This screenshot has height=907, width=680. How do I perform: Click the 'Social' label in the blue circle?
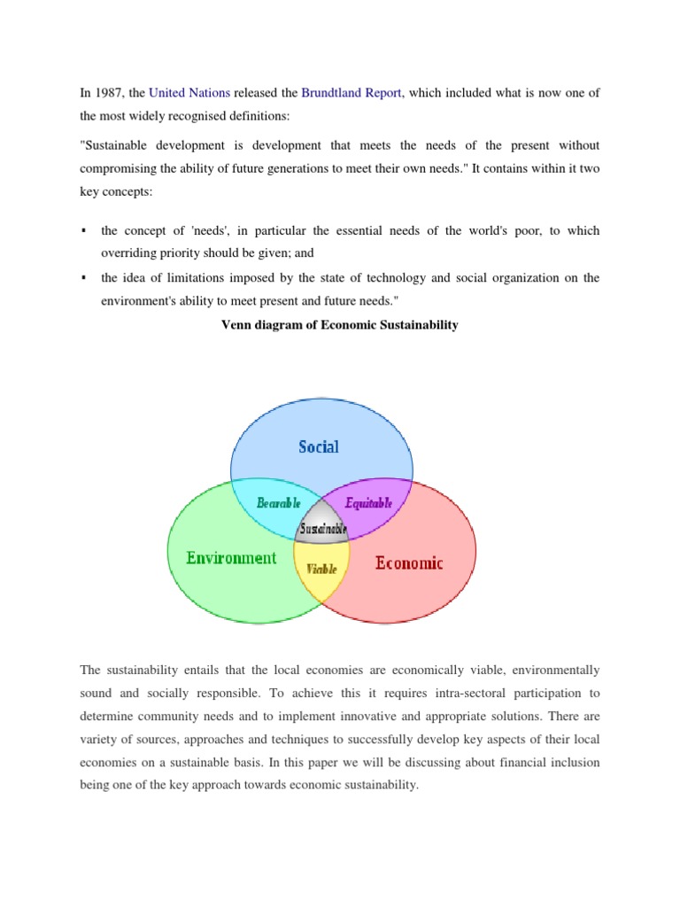click(x=318, y=446)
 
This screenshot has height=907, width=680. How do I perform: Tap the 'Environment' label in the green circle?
click(x=231, y=558)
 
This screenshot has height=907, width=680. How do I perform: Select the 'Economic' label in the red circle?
click(x=409, y=562)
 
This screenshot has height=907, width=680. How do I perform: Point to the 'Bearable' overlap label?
click(x=279, y=502)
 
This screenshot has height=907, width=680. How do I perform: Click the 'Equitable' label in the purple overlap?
click(x=368, y=502)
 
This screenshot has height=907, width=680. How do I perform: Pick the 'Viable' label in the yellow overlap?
click(x=321, y=569)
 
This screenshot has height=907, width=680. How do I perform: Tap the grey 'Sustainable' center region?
click(x=323, y=529)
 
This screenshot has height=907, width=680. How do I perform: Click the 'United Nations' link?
click(x=189, y=92)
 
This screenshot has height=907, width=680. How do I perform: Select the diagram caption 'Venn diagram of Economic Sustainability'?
click(x=339, y=325)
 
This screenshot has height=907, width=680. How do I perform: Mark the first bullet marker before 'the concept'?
click(x=82, y=231)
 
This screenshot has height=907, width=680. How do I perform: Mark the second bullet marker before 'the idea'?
click(x=82, y=278)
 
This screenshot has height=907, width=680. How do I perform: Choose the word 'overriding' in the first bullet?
click(x=128, y=253)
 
